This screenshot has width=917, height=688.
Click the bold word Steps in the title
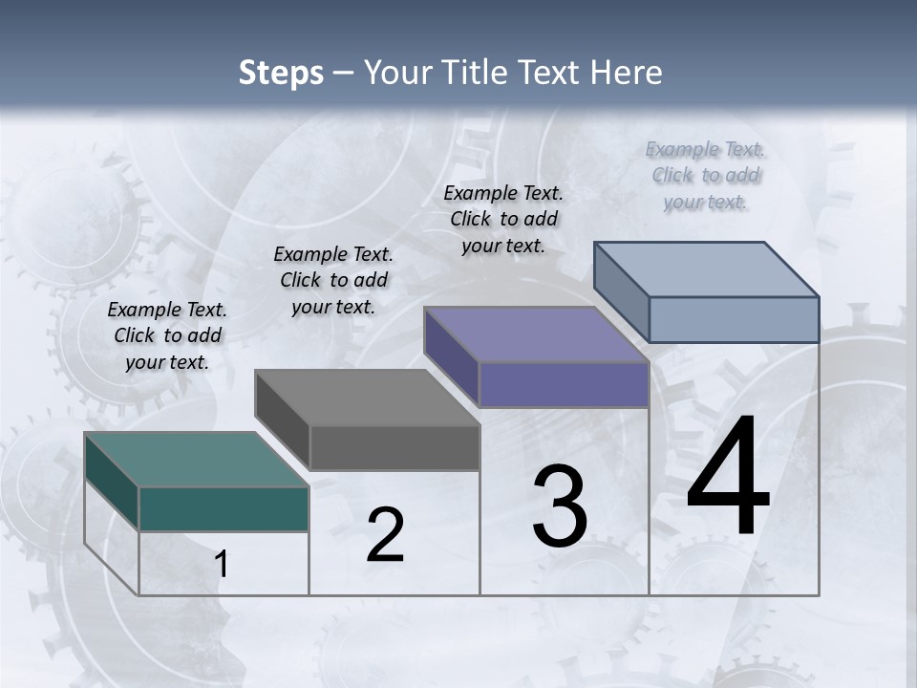tap(281, 73)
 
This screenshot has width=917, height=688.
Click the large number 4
tap(728, 478)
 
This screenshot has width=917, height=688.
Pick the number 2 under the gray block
tap(385, 535)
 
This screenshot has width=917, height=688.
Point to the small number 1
tap(222, 565)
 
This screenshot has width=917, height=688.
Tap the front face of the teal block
tap(224, 508)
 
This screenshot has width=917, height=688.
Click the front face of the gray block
tap(395, 447)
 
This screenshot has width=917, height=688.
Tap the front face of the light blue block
tap(734, 319)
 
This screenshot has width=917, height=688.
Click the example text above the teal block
tap(167, 335)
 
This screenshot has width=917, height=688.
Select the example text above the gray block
tap(333, 280)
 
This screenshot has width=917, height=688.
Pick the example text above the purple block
tap(503, 219)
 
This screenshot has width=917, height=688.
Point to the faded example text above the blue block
tap(705, 175)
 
